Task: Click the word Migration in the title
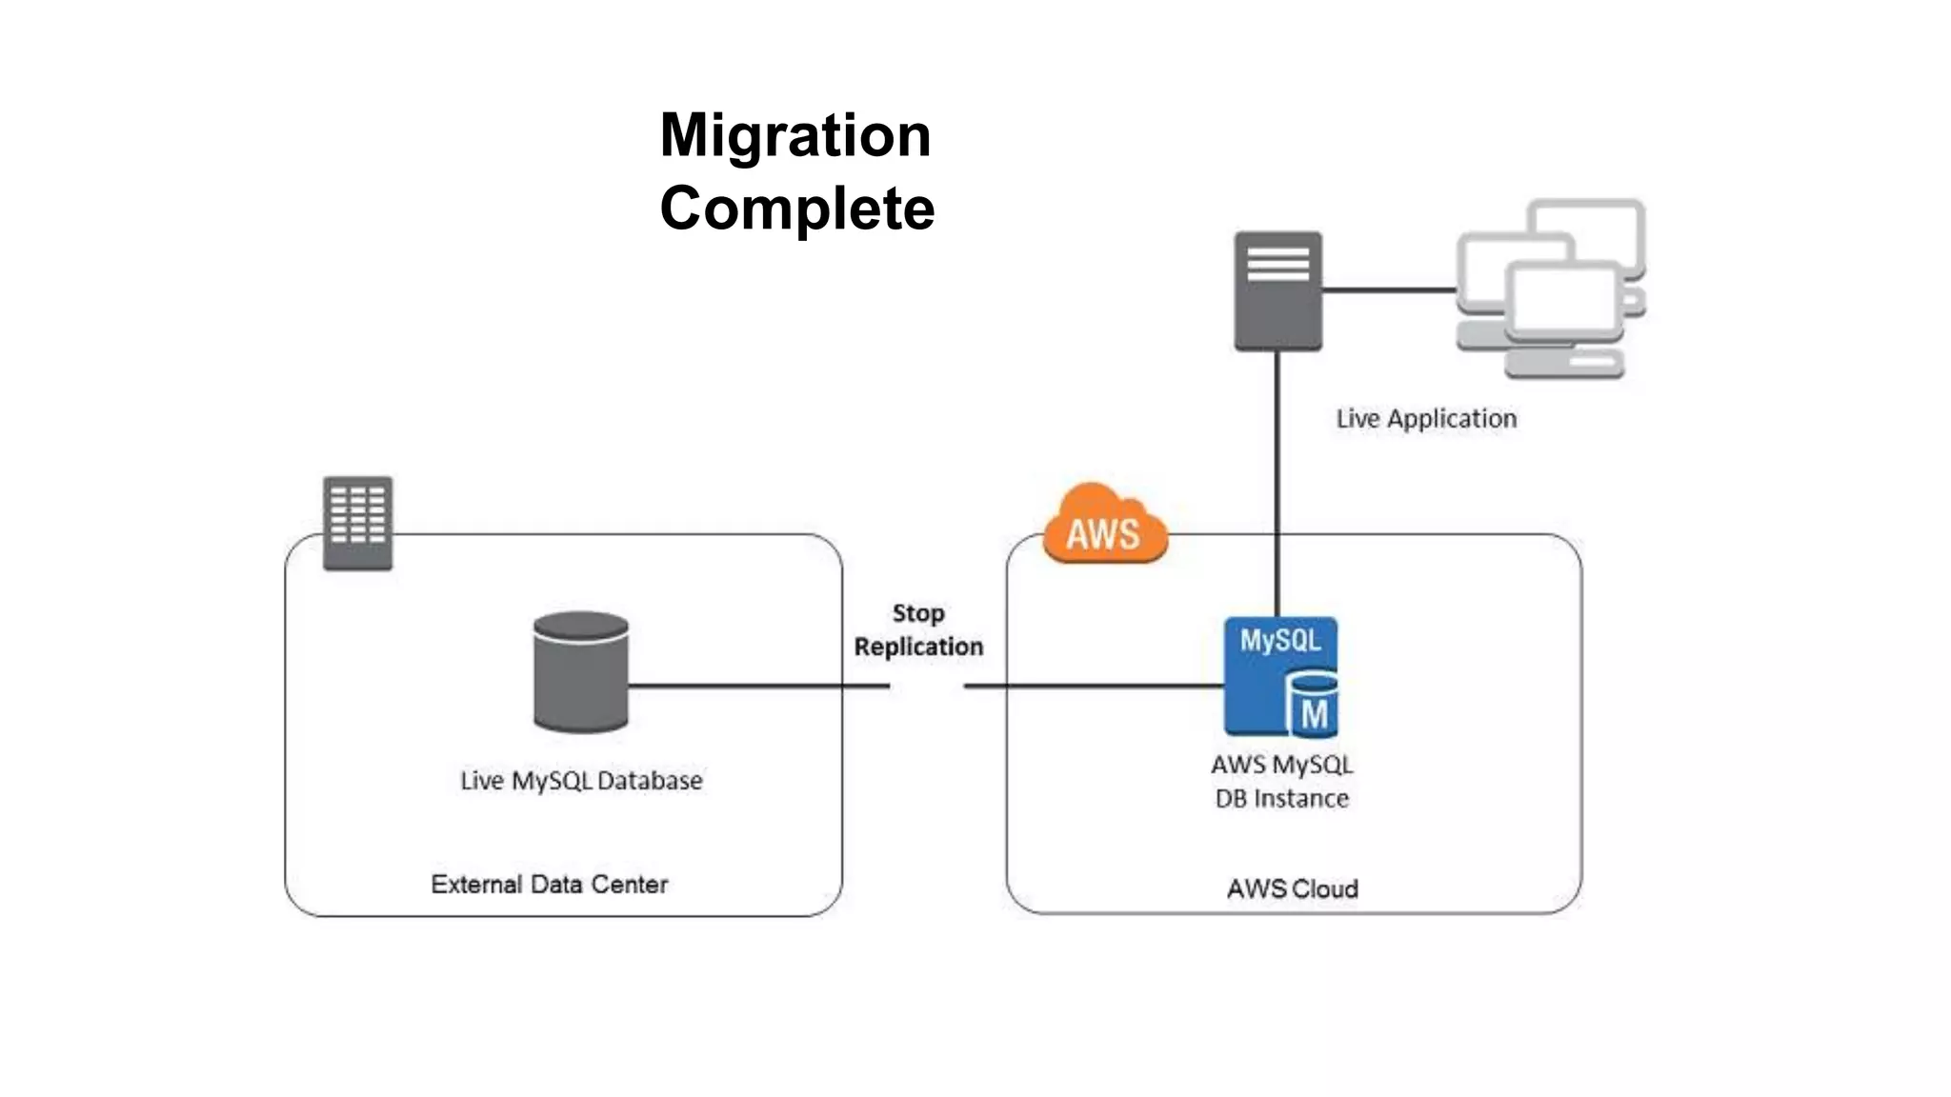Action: coord(795,135)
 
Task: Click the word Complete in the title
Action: coord(797,209)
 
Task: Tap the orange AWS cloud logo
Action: coord(1104,527)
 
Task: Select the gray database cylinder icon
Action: coord(580,672)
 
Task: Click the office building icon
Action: coord(357,523)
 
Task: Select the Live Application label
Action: coord(1425,419)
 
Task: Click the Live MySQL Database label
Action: coord(581,781)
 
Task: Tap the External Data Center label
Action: coord(549,885)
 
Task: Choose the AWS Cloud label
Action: coord(1292,888)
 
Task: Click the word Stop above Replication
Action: coord(917,613)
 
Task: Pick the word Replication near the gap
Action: coord(917,647)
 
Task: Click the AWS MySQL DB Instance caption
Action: coord(1281,781)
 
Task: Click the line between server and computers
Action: coord(1389,289)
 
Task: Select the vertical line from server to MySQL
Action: coord(1277,476)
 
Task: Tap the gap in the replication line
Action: coord(927,686)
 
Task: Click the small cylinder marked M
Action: coord(1314,706)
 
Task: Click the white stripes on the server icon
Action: coord(1277,264)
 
